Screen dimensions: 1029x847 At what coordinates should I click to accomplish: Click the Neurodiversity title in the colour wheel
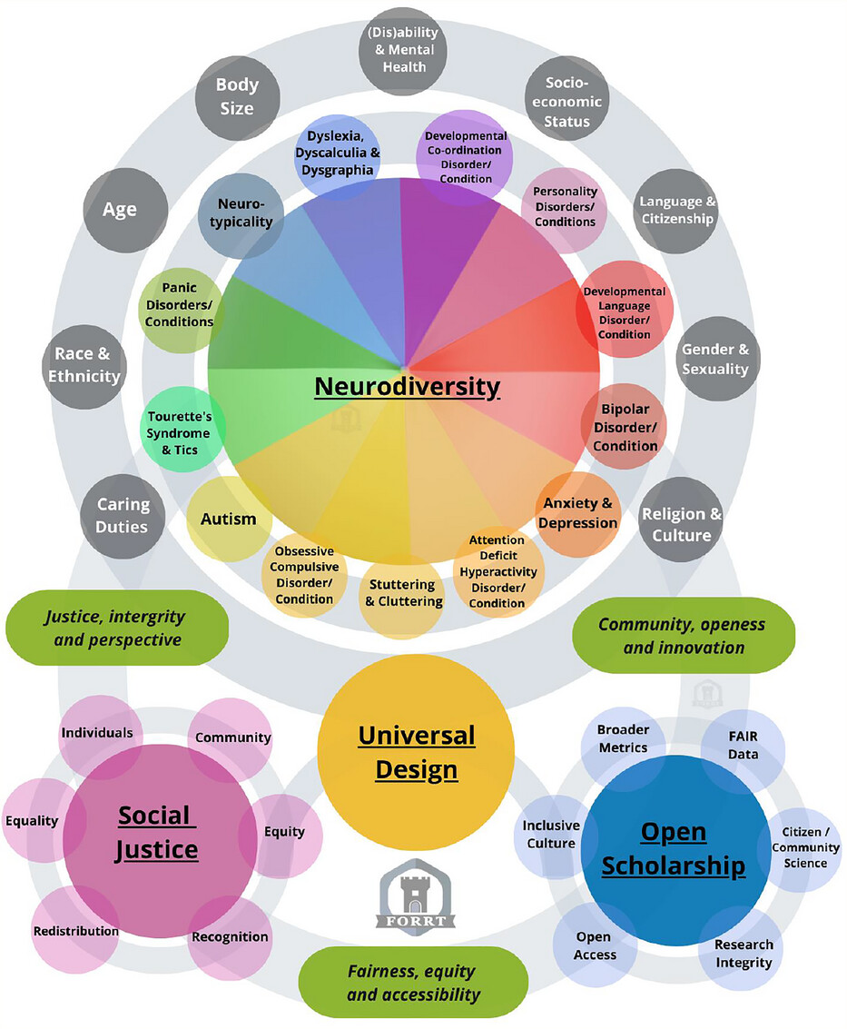tap(407, 387)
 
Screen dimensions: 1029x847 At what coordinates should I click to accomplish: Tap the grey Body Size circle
tap(236, 95)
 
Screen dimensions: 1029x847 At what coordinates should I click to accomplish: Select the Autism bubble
tap(229, 519)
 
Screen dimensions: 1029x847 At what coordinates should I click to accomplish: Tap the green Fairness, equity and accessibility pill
tap(413, 983)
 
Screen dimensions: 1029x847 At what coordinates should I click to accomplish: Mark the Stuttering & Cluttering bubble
tap(402, 594)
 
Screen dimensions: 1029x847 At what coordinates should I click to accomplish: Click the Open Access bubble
tap(595, 945)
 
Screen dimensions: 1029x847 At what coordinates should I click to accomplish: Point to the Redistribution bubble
tap(76, 931)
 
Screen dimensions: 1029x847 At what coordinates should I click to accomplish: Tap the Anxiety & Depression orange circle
tap(578, 514)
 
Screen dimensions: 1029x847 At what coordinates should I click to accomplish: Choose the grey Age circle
tap(120, 210)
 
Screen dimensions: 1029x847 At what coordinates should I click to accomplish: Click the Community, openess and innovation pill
tap(683, 636)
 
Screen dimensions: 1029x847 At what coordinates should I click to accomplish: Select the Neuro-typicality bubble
tap(240, 213)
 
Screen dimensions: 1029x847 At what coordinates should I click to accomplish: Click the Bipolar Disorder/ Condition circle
tap(625, 427)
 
